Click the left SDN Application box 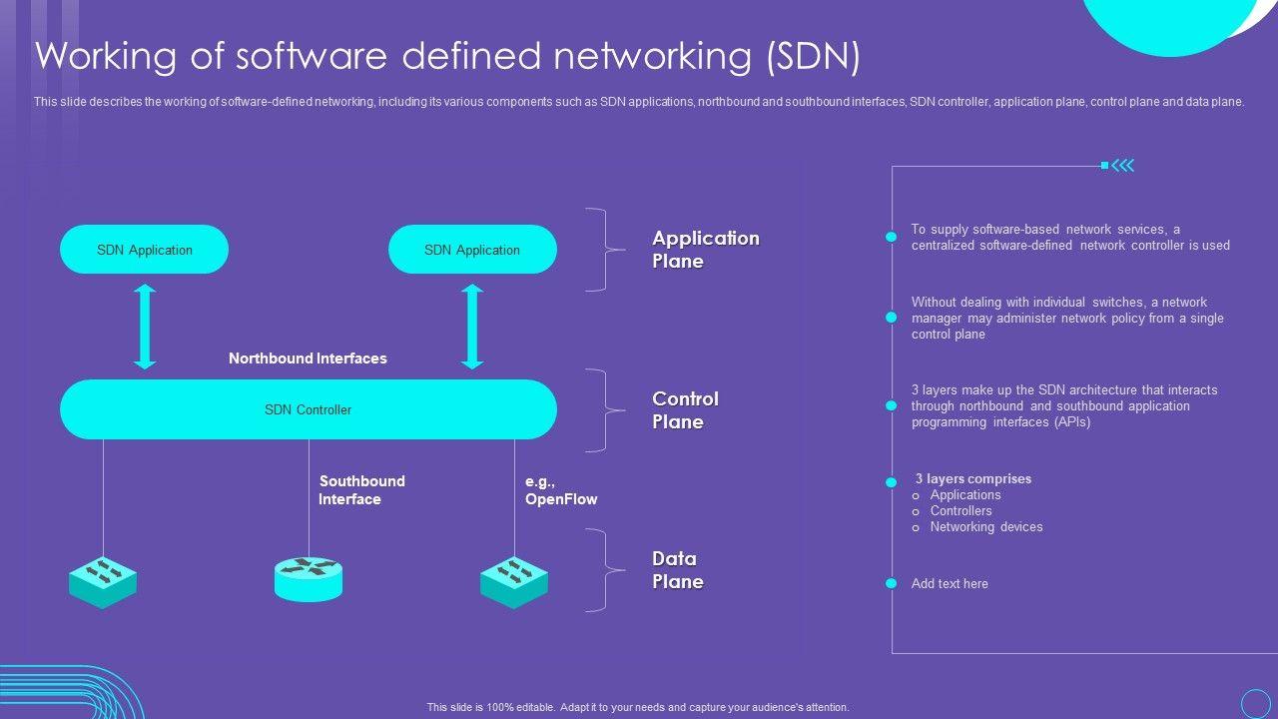(145, 250)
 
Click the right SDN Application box (472, 250)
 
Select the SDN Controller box (308, 409)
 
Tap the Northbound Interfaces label (308, 359)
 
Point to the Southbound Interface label (361, 490)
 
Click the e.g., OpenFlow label (561, 490)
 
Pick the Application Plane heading (706, 250)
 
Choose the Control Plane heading (685, 410)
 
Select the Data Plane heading (678, 570)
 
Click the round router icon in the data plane (309, 579)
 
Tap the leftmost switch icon (103, 582)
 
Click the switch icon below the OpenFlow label (514, 582)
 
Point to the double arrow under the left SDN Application (146, 327)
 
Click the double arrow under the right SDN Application (472, 327)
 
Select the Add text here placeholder (950, 584)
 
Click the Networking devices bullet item (986, 527)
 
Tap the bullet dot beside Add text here (892, 583)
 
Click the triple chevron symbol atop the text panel (1123, 166)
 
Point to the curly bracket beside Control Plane (600, 410)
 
